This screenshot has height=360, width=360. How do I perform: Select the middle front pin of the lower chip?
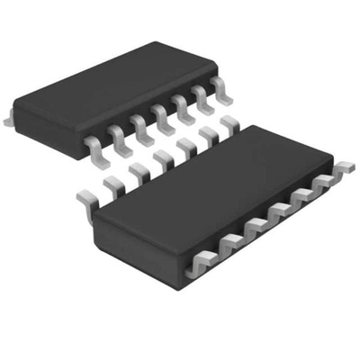[x=278, y=213]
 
